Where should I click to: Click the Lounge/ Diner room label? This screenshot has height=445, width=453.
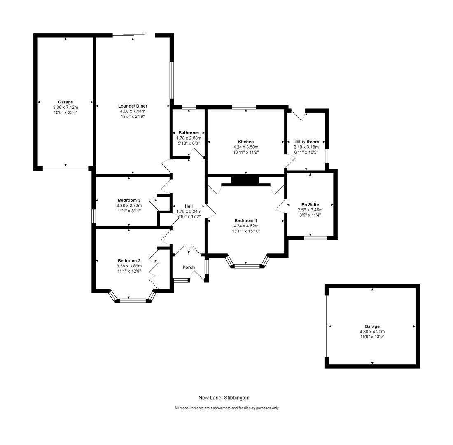pyautogui.click(x=133, y=106)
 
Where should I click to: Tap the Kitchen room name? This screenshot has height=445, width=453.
pyautogui.click(x=246, y=142)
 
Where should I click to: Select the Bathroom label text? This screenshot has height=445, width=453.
pyautogui.click(x=189, y=133)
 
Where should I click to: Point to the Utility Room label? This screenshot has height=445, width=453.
pyautogui.click(x=306, y=142)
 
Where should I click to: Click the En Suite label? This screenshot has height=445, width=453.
pyautogui.click(x=310, y=205)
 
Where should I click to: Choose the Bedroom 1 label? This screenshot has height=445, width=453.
pyautogui.click(x=246, y=220)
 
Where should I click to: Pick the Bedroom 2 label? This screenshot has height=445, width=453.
pyautogui.click(x=129, y=261)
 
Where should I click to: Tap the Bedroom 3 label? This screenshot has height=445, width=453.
pyautogui.click(x=129, y=200)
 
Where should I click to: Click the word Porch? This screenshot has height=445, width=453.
pyautogui.click(x=189, y=267)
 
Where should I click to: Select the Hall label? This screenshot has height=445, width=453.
pyautogui.click(x=189, y=206)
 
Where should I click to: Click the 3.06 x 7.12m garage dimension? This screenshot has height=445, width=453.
pyautogui.click(x=65, y=107)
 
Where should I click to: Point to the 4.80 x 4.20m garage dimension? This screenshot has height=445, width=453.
pyautogui.click(x=372, y=332)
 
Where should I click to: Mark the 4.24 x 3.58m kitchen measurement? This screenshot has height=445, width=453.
pyautogui.click(x=246, y=147)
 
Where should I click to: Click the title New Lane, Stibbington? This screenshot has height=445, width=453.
pyautogui.click(x=224, y=398)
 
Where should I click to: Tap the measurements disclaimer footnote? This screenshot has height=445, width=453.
pyautogui.click(x=226, y=408)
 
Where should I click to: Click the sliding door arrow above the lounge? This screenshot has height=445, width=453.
pyautogui.click(x=144, y=33)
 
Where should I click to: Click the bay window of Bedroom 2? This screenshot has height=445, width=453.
pyautogui.click(x=133, y=301)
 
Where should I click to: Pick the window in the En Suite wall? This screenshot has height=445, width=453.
pyautogui.click(x=315, y=238)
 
